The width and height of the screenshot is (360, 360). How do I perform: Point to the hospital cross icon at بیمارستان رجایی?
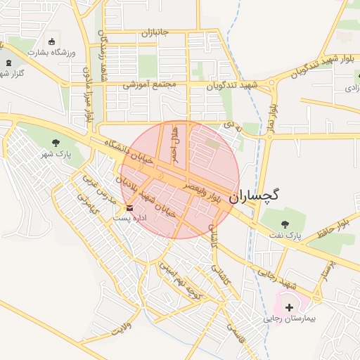(x=289, y=307)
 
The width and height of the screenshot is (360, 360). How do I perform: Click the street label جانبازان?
(x=156, y=33)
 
